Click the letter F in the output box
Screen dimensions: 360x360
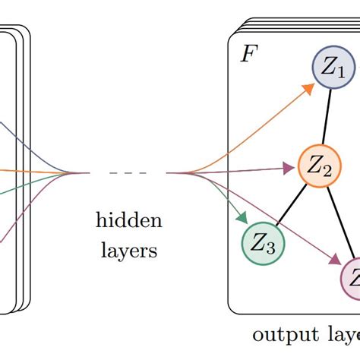(248, 55)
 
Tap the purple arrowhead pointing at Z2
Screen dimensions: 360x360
(289, 168)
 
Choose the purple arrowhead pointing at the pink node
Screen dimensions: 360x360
(337, 259)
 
